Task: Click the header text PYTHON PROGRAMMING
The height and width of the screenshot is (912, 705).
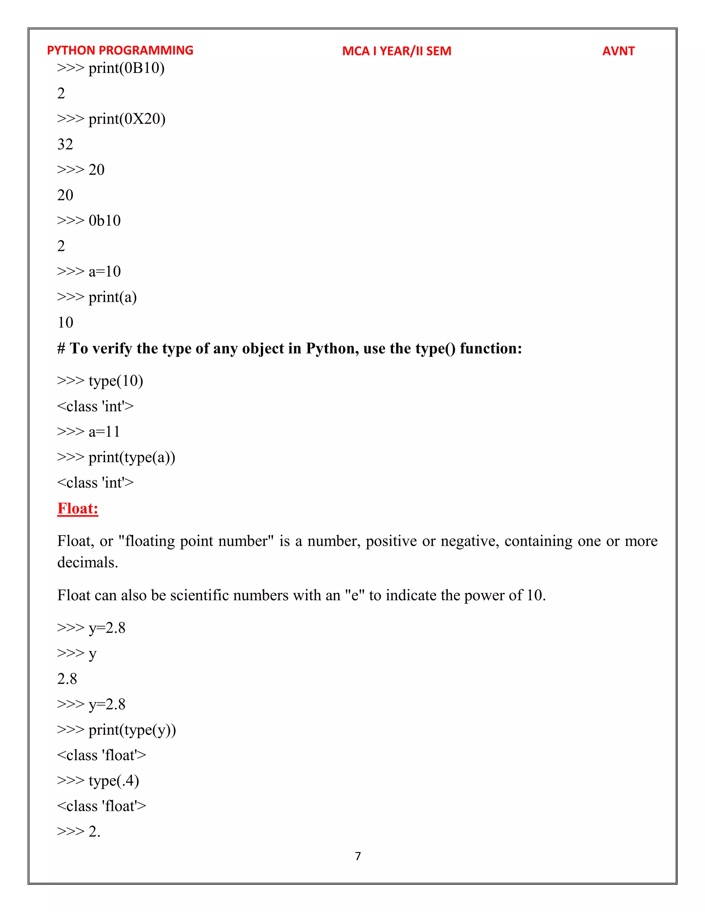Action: tap(120, 51)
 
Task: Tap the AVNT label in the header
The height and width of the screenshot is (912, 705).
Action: tap(618, 51)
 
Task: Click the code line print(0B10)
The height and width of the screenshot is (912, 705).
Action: tap(111, 68)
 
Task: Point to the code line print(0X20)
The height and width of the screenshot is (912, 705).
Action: tap(112, 119)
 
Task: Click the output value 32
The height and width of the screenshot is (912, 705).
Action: tap(65, 145)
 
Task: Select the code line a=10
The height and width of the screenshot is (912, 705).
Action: tap(89, 272)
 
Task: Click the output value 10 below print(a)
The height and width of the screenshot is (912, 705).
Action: tap(65, 322)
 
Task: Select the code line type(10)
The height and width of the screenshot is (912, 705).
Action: tap(100, 381)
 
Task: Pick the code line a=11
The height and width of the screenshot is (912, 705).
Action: tap(88, 431)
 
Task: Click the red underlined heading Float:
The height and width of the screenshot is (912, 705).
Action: tap(78, 508)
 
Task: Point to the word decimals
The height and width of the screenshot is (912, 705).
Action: tap(88, 562)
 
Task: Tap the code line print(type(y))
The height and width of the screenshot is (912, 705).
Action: tap(117, 730)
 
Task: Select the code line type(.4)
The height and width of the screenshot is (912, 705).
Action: tap(98, 781)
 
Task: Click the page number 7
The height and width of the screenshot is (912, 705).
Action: tap(358, 856)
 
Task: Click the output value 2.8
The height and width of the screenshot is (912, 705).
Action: tap(67, 679)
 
